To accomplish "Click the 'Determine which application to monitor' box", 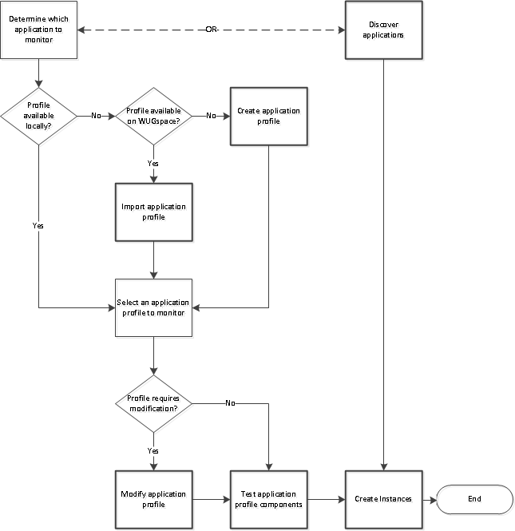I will [x=38, y=30].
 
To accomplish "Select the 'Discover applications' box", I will [x=384, y=30].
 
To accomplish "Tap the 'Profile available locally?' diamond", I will [x=38, y=116].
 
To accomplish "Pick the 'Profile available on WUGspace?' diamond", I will [x=153, y=116].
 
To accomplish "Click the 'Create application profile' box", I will [x=268, y=116].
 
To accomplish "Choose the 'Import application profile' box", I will [x=153, y=212].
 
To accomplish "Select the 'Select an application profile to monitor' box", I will [x=153, y=307].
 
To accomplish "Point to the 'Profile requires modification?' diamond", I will [x=153, y=402].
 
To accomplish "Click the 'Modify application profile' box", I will [x=153, y=499].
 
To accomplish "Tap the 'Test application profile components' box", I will [x=268, y=499].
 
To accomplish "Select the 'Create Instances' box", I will [x=384, y=499].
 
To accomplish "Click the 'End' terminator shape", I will [x=474, y=499].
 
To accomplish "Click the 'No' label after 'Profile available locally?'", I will [x=96, y=116].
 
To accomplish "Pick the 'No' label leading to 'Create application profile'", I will [x=211, y=116].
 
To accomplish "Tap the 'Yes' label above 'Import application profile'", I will [x=153, y=163].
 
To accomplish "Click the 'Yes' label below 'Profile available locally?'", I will [x=38, y=225].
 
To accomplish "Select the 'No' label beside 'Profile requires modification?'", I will [x=230, y=403].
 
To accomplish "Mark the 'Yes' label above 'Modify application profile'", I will [x=153, y=450].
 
